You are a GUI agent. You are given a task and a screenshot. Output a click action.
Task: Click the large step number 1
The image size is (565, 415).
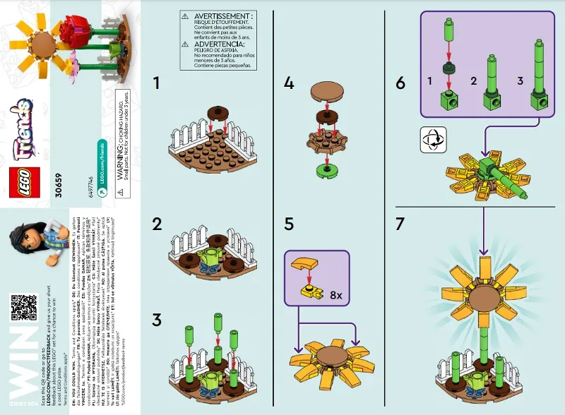pyautogui.click(x=160, y=83)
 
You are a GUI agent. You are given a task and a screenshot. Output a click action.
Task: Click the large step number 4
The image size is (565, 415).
pyautogui.click(x=288, y=83)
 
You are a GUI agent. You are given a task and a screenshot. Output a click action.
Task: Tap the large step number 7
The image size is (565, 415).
pyautogui.click(x=400, y=224)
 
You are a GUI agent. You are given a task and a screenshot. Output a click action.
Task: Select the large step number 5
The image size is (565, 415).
pyautogui.click(x=288, y=224)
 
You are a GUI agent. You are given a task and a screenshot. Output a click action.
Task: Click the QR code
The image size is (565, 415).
pyautogui.click(x=23, y=308)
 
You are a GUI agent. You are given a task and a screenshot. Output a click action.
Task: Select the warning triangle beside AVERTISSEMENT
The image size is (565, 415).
pyautogui.click(x=184, y=16)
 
